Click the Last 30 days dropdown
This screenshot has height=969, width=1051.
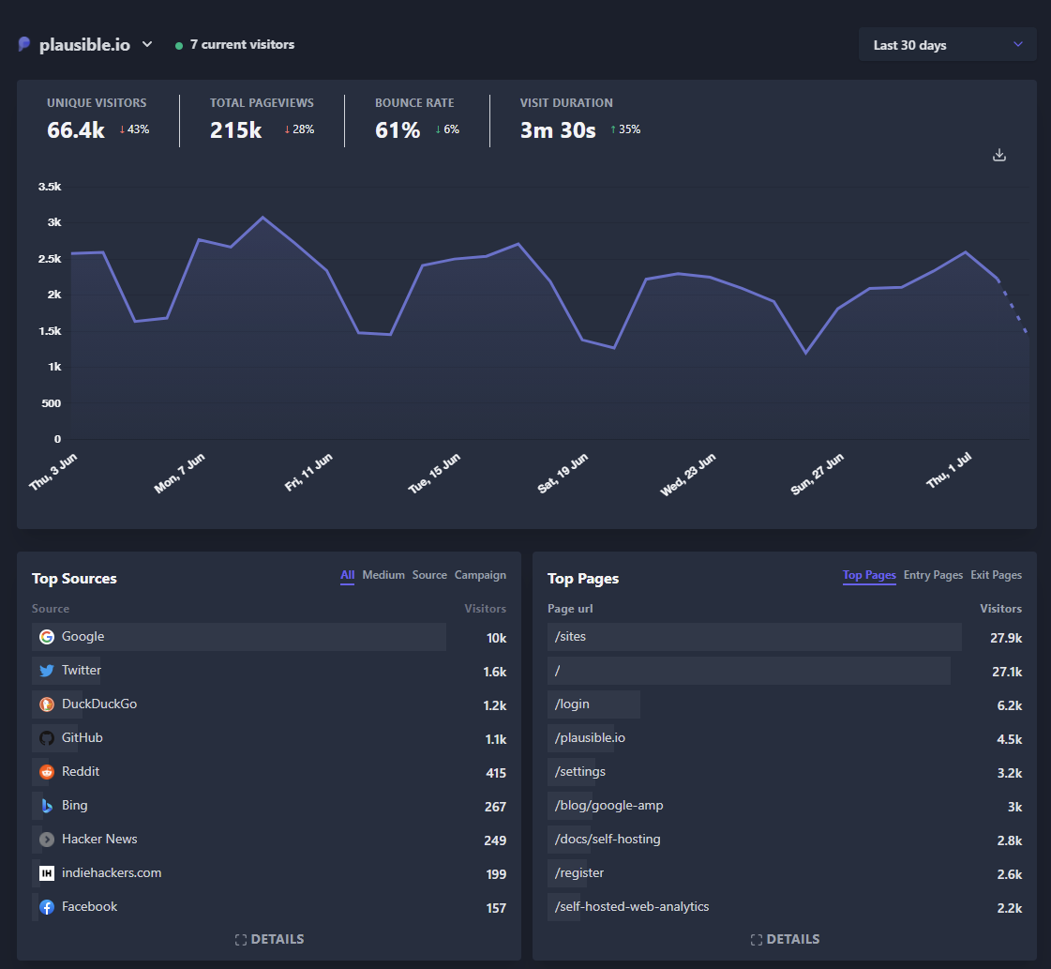(947, 45)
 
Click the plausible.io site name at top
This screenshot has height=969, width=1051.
(84, 45)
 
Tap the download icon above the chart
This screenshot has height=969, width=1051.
(999, 155)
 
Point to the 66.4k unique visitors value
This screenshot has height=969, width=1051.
(76, 130)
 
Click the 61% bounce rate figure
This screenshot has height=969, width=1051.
(398, 130)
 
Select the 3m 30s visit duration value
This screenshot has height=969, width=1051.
(558, 130)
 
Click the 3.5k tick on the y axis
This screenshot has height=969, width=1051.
(50, 187)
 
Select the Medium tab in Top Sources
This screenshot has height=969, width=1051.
(383, 575)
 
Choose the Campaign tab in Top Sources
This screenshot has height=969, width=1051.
(480, 575)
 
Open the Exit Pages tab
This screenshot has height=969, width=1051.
(996, 575)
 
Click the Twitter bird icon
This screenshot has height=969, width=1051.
(47, 671)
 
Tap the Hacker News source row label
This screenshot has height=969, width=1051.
(99, 839)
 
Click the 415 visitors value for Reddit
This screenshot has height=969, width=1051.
(496, 773)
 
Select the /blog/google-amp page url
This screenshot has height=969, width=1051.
(608, 805)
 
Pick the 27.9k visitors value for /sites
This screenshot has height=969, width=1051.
(1005, 638)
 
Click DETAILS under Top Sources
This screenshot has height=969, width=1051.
(269, 939)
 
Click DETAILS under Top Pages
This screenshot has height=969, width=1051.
(785, 939)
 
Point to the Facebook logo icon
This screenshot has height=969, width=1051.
(47, 907)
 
